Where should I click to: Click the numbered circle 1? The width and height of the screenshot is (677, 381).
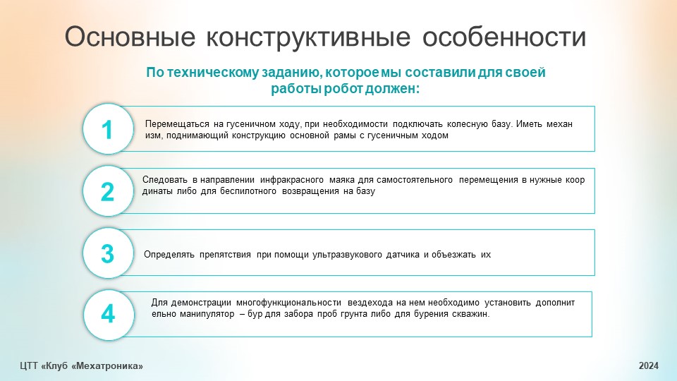click(108, 128)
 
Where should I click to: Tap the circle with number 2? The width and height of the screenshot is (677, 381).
click(108, 191)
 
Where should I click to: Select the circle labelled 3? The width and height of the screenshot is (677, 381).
click(108, 253)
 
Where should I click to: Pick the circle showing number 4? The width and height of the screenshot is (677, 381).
click(109, 315)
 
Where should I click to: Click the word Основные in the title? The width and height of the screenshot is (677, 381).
click(130, 37)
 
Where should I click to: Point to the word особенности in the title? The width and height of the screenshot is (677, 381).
click(504, 37)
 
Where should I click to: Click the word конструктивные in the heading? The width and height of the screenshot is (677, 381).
click(308, 37)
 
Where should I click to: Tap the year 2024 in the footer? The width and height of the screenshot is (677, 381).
click(649, 366)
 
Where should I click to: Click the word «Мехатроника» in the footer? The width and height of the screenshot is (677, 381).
click(107, 366)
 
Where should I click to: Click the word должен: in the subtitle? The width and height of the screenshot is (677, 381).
click(392, 89)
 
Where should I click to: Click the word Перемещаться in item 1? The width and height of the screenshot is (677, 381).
click(177, 124)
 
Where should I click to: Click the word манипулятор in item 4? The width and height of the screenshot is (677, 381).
click(207, 314)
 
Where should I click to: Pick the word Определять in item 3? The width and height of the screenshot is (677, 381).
click(169, 255)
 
